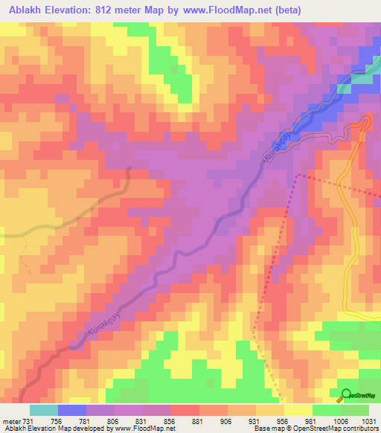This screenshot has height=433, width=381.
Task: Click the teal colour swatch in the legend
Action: click(x=43, y=410)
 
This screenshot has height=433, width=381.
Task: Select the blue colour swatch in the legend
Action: click(x=72, y=410)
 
